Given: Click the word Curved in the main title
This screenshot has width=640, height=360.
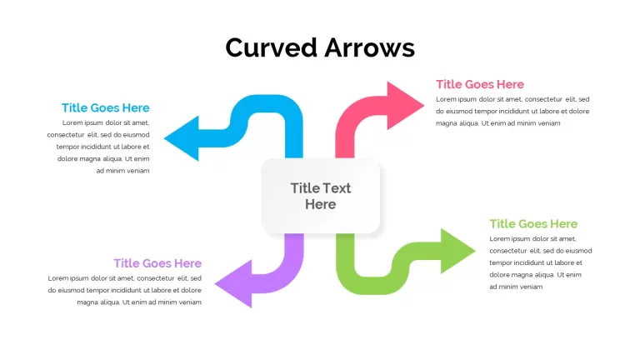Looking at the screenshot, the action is (x=272, y=47).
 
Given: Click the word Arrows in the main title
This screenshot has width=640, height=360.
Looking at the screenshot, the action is (x=370, y=47).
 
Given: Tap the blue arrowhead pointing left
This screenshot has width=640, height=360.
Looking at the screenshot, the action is (x=182, y=138).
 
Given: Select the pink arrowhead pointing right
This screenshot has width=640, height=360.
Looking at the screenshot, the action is (x=405, y=105).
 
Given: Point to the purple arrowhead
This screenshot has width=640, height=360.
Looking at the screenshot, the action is (x=233, y=284).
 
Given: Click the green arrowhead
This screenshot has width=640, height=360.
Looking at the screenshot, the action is (x=458, y=251).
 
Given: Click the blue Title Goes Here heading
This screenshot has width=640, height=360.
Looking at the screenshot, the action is (x=105, y=107).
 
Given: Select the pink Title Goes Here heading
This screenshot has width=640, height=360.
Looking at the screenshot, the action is (x=480, y=84).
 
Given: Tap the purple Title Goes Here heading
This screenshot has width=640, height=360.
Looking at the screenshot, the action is (x=157, y=263).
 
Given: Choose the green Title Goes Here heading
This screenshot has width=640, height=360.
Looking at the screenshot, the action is (x=533, y=223).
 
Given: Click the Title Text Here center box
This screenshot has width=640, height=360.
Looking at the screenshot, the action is (x=321, y=197).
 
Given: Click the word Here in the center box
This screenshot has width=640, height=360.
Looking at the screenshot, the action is (x=320, y=204).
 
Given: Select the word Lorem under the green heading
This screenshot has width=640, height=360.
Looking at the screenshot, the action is (x=499, y=239).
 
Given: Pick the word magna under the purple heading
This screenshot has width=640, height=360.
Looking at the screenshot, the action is (x=87, y=302).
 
